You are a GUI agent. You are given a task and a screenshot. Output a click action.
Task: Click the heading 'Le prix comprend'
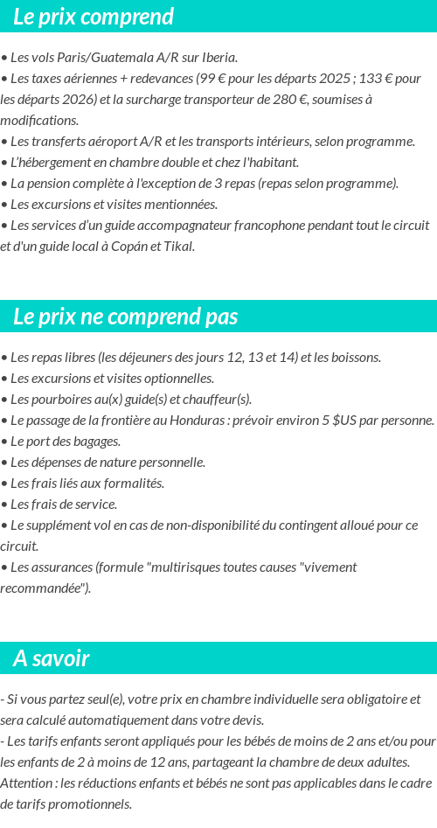coord(94,17)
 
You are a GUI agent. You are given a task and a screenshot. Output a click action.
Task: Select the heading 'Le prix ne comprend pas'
coord(126,317)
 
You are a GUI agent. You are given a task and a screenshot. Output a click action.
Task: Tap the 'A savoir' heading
coord(52,658)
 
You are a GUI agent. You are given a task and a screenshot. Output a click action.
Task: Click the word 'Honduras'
coord(225,421)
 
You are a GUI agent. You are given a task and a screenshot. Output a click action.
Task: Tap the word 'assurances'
coord(60,567)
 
